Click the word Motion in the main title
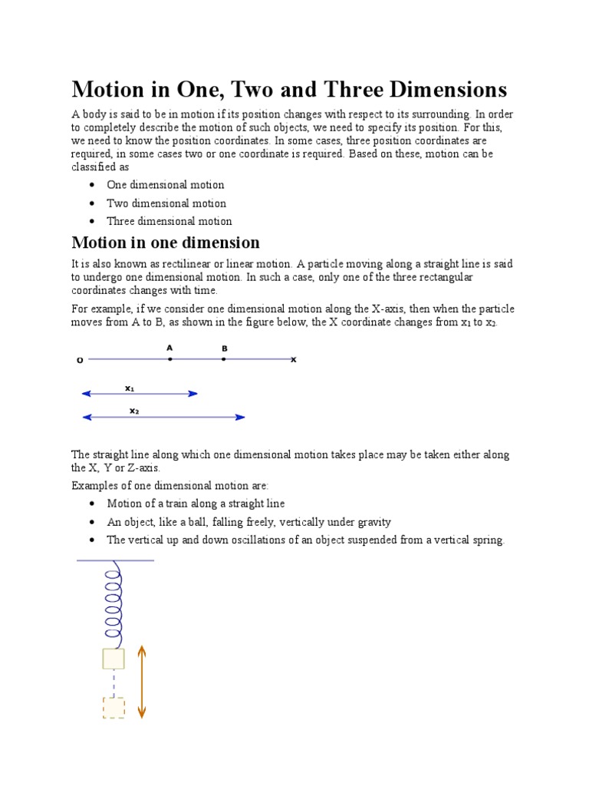click(x=108, y=90)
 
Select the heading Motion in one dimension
click(x=166, y=243)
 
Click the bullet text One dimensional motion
click(x=166, y=185)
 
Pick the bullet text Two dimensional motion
click(x=166, y=203)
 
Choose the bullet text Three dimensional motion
click(x=169, y=221)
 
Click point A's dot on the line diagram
click(x=170, y=358)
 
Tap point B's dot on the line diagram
click(x=224, y=358)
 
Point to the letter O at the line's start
click(x=80, y=359)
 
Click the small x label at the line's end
click(x=293, y=359)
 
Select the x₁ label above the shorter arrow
click(x=130, y=388)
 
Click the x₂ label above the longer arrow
click(x=134, y=411)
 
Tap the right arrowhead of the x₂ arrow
click(x=240, y=418)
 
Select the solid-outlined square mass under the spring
click(x=114, y=659)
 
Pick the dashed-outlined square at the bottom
click(x=114, y=707)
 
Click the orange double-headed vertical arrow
click(x=142, y=682)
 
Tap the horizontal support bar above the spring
click(x=115, y=560)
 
